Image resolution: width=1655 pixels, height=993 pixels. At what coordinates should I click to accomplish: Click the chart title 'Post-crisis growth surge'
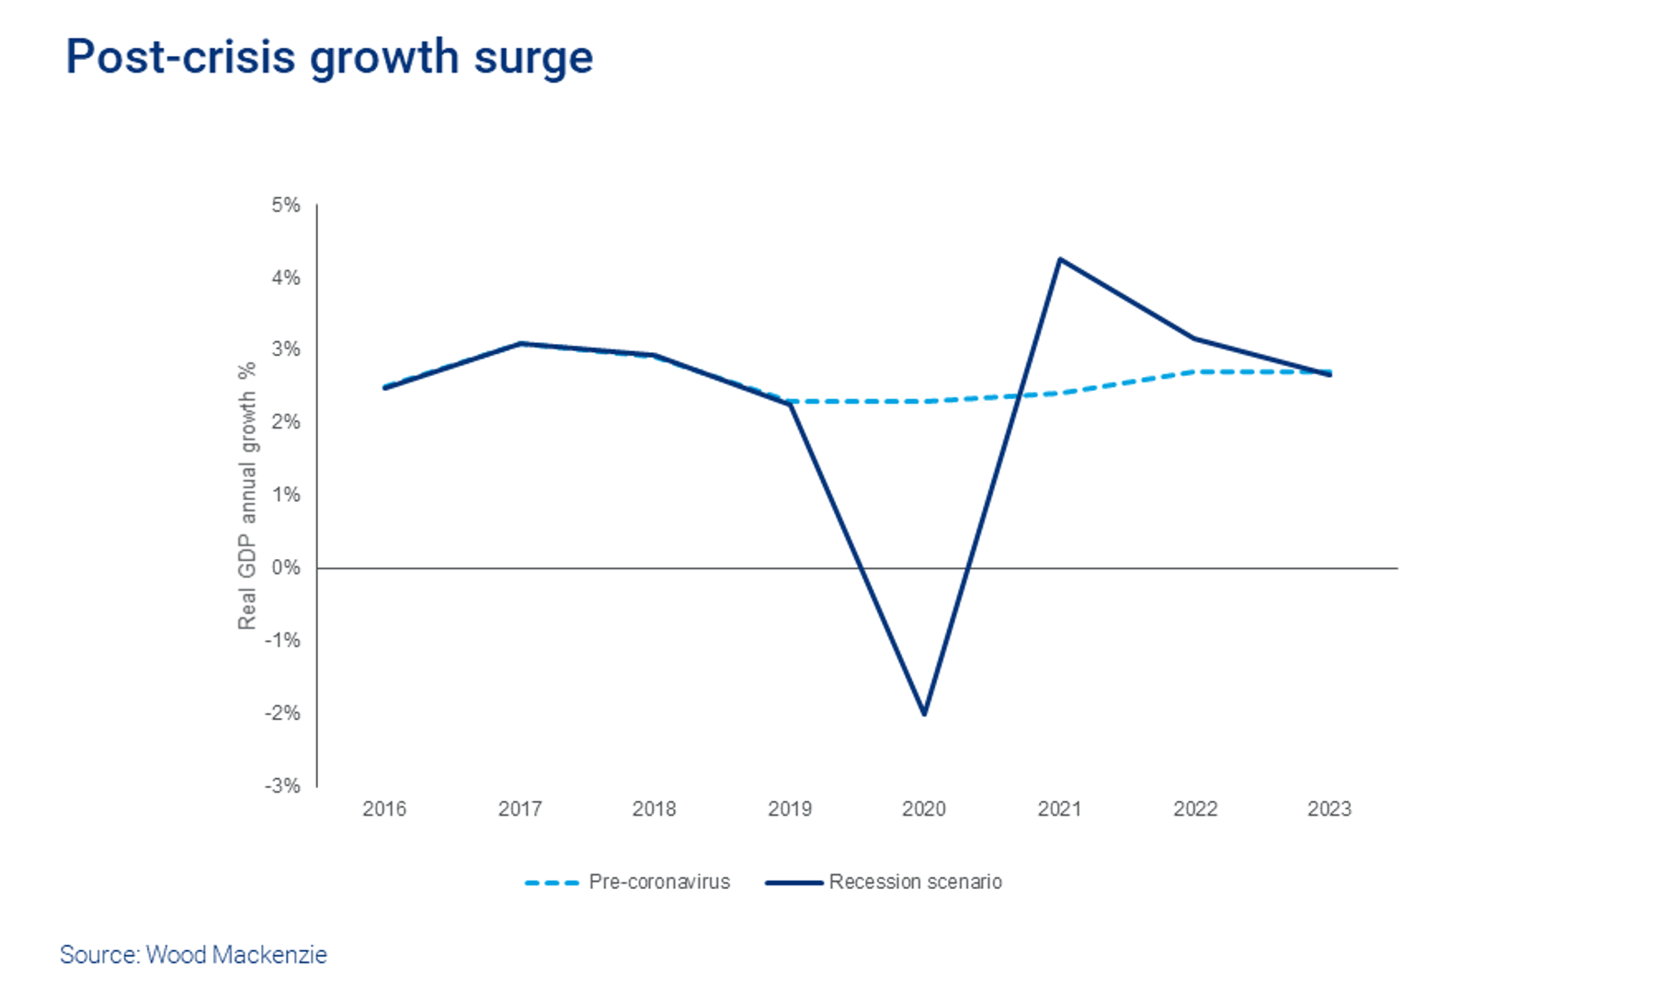click(329, 57)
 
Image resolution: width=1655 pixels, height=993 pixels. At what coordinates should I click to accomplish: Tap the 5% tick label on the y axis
click(286, 205)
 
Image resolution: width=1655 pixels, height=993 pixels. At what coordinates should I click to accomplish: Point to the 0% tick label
click(286, 567)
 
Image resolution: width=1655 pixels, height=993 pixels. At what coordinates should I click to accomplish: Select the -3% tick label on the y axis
click(282, 786)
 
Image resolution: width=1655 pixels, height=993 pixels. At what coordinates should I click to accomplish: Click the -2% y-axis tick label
click(282, 713)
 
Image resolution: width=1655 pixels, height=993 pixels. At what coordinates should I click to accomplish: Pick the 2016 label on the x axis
click(384, 809)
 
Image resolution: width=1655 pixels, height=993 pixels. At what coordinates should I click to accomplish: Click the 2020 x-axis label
click(924, 809)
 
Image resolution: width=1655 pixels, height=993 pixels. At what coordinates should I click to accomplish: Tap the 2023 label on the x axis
click(1330, 809)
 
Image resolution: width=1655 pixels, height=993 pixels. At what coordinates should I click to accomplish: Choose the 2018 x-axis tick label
click(655, 809)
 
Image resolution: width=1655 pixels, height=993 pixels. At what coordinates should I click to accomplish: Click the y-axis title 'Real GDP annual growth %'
click(246, 496)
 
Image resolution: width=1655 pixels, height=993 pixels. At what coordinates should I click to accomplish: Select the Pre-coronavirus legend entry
click(659, 882)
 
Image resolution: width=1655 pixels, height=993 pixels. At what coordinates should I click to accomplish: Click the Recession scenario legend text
click(915, 882)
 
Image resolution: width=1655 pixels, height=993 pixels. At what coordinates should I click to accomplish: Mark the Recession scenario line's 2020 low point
click(924, 714)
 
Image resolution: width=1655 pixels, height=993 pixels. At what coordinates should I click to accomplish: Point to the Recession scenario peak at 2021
click(1059, 259)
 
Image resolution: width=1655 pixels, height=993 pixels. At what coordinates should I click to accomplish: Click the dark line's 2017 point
click(520, 344)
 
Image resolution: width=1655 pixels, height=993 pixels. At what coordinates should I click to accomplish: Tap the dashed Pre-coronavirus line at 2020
click(924, 402)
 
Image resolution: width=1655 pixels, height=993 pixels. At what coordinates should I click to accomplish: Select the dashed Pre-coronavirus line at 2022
click(1195, 371)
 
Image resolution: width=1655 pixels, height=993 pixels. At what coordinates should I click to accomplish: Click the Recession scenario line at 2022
click(1195, 339)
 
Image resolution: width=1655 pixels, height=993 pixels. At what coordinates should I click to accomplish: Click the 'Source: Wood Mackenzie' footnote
click(193, 954)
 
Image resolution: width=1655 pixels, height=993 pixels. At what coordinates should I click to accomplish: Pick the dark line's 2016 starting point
click(384, 388)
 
